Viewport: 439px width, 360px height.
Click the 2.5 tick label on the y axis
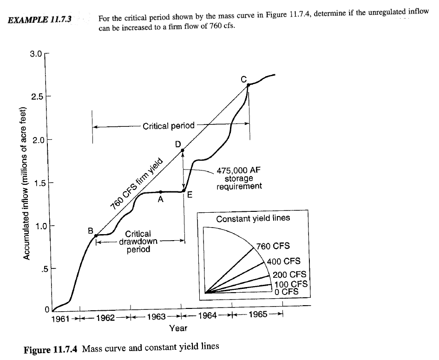pyautogui.click(x=37, y=97)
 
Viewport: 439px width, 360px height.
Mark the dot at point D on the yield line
pyautogui.click(x=183, y=150)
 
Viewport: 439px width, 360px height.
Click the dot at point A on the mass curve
pyautogui.click(x=160, y=192)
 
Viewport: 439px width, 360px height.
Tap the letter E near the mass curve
pyautogui.click(x=190, y=195)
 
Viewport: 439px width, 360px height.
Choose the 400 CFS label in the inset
pyautogui.click(x=283, y=261)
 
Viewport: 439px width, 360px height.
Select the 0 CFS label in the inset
pyautogui.click(x=286, y=291)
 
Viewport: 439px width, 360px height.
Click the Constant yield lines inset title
pyautogui.click(x=253, y=218)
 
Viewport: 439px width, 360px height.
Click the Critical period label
pyautogui.click(x=169, y=126)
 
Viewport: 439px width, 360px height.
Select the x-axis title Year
pyautogui.click(x=178, y=328)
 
